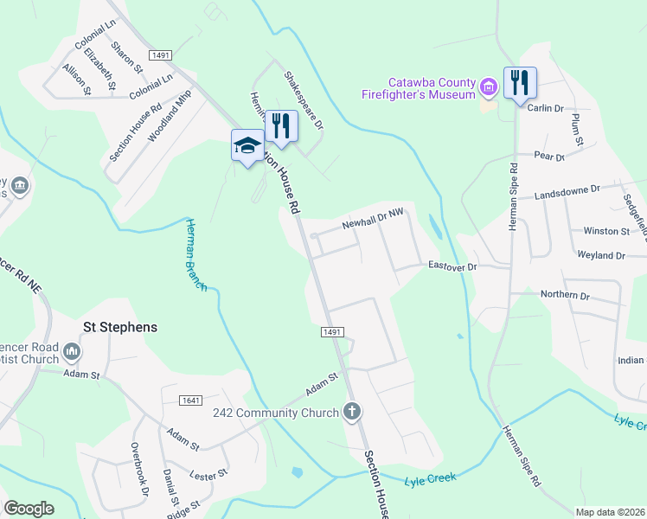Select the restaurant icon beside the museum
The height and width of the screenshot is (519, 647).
[520, 84]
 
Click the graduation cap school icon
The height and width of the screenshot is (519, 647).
[247, 144]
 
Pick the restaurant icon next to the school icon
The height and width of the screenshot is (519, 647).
[281, 126]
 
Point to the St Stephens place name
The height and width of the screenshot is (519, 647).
[119, 327]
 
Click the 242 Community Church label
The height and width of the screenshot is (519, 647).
[276, 413]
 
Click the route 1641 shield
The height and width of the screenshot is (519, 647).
[191, 400]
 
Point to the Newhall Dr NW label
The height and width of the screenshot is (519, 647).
[373, 218]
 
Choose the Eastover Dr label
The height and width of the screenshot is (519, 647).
[452, 267]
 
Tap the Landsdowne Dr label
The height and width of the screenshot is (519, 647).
[567, 192]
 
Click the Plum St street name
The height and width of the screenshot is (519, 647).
[578, 129]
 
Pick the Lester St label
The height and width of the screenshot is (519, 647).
[208, 473]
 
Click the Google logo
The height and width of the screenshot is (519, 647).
[29, 509]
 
